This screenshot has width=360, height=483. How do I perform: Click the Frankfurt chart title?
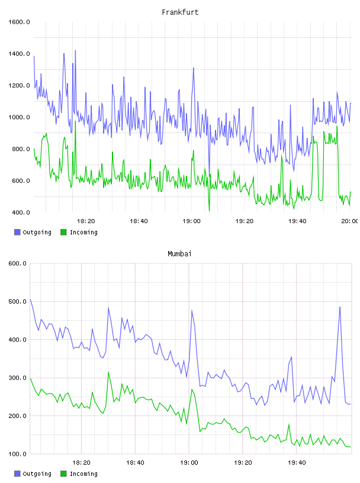click(180, 12)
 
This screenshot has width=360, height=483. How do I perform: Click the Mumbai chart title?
click(179, 254)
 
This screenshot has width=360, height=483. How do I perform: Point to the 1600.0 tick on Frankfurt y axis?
click(19, 22)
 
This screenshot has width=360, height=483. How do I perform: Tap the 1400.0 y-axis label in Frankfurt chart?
click(19, 54)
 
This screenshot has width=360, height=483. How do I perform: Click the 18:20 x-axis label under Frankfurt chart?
click(86, 221)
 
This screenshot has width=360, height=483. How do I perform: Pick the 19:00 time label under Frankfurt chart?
click(191, 221)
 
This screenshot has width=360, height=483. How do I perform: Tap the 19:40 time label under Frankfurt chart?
click(297, 221)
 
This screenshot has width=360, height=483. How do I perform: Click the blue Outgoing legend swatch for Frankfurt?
click(17, 232)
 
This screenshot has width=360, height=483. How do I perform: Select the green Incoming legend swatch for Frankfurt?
click(63, 232)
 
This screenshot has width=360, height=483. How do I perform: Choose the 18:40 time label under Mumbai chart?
click(136, 463)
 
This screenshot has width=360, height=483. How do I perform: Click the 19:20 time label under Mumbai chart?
click(243, 463)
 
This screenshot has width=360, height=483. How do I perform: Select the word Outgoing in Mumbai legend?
click(37, 474)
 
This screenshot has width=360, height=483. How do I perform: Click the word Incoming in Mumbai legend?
click(83, 474)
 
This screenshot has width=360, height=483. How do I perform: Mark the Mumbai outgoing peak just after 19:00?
click(192, 310)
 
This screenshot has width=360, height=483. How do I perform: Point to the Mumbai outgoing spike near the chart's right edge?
click(340, 307)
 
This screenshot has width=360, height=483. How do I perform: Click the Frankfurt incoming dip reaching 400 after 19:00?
click(209, 211)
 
